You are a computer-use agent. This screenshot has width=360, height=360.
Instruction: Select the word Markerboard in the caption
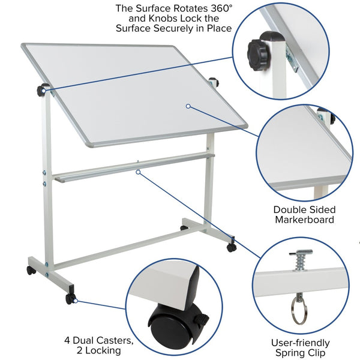(304, 220)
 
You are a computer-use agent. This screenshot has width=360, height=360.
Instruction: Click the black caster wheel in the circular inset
(168, 327)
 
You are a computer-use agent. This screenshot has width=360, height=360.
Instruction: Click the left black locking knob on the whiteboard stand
(41, 91)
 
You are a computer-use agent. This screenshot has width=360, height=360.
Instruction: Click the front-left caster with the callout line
(71, 298)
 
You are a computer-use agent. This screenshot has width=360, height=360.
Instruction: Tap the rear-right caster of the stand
(231, 247)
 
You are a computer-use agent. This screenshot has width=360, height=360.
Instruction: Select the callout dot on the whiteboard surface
(188, 106)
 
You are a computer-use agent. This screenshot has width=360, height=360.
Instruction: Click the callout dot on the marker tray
(137, 172)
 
